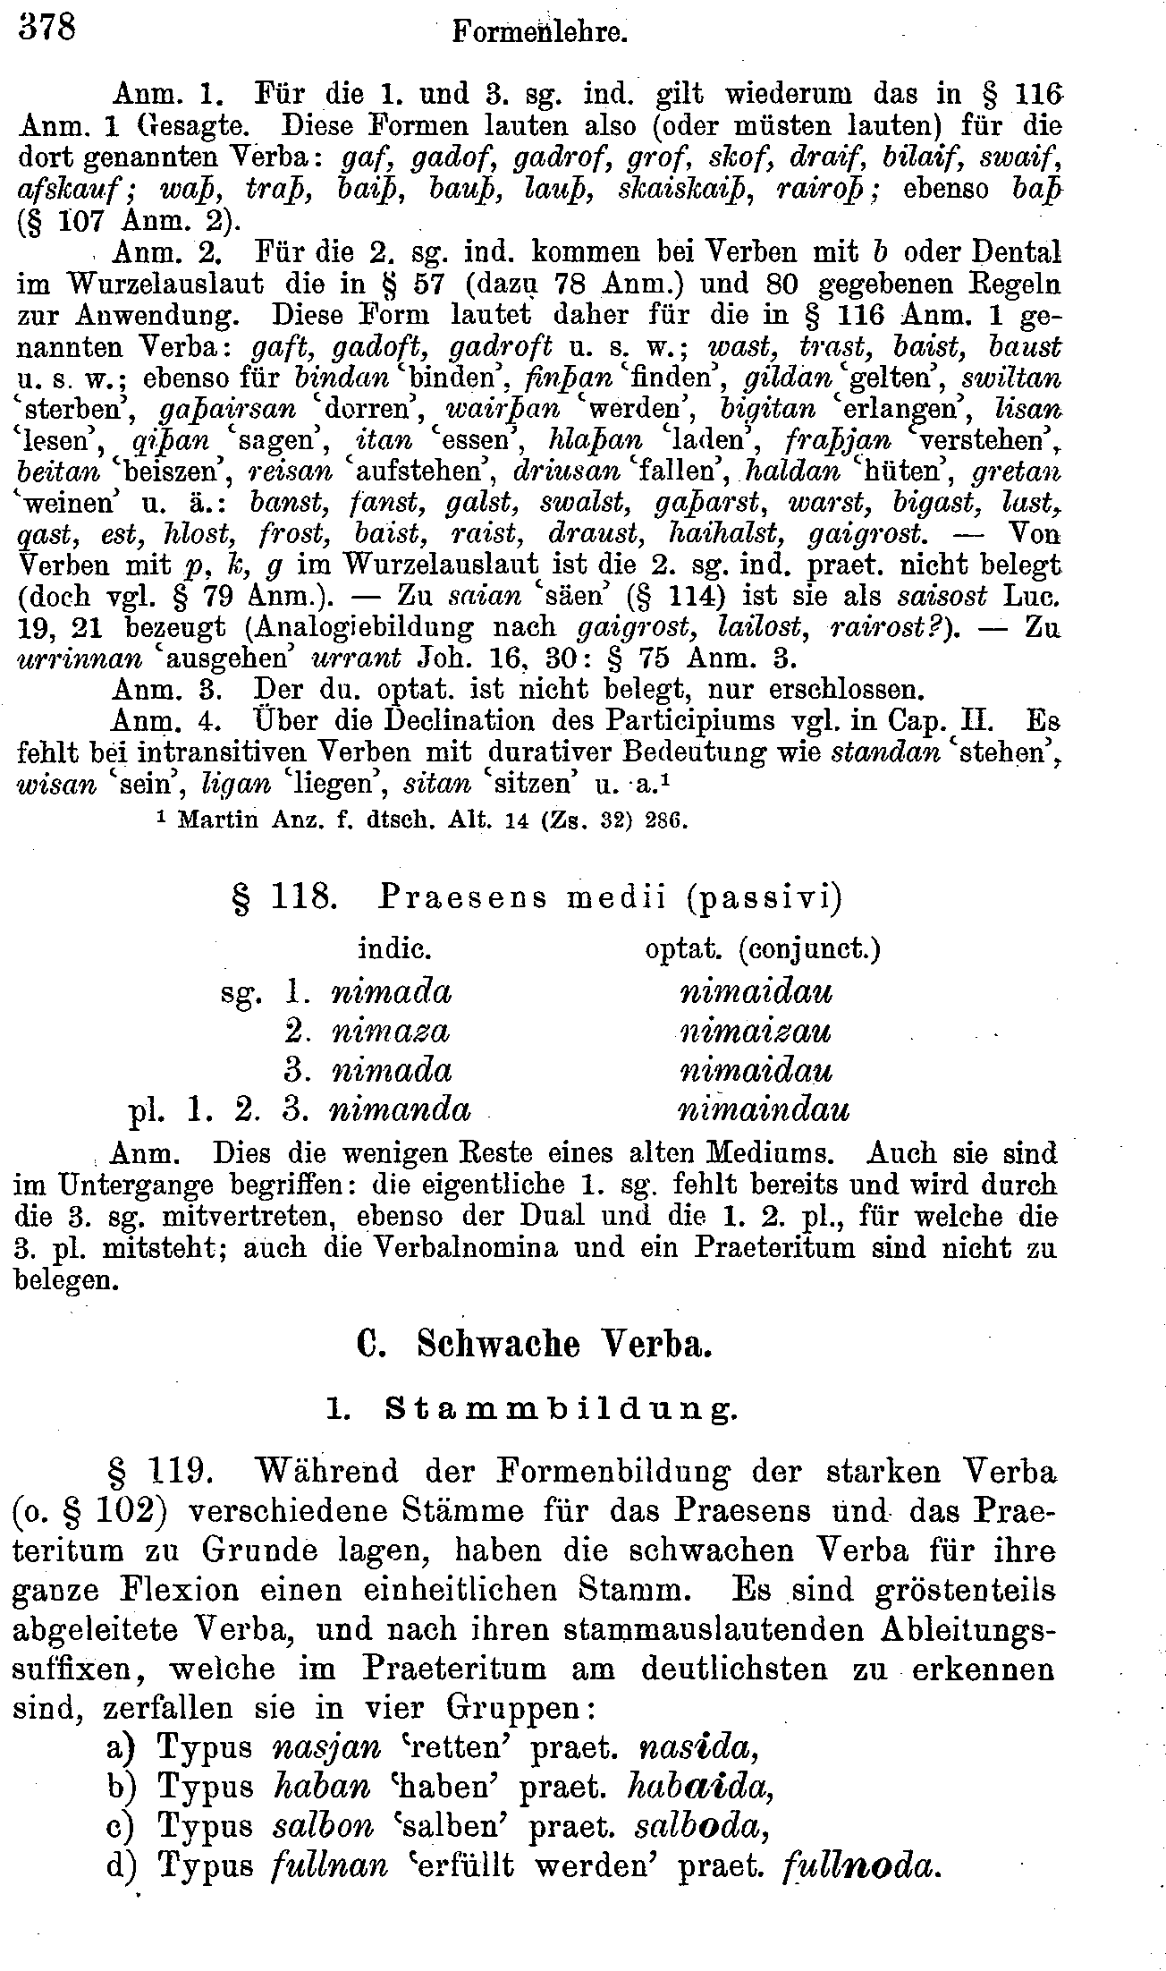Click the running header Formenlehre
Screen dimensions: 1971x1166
[x=541, y=33]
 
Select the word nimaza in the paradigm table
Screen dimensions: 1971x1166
[x=391, y=1032]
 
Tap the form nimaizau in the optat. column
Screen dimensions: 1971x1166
[x=756, y=1032]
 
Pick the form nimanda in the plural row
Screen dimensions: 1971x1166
[x=400, y=1109]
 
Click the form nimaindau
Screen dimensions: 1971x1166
[x=764, y=1109]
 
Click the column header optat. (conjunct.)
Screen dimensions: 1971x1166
[x=763, y=947]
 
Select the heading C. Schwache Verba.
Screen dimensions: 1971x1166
[x=534, y=1345]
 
